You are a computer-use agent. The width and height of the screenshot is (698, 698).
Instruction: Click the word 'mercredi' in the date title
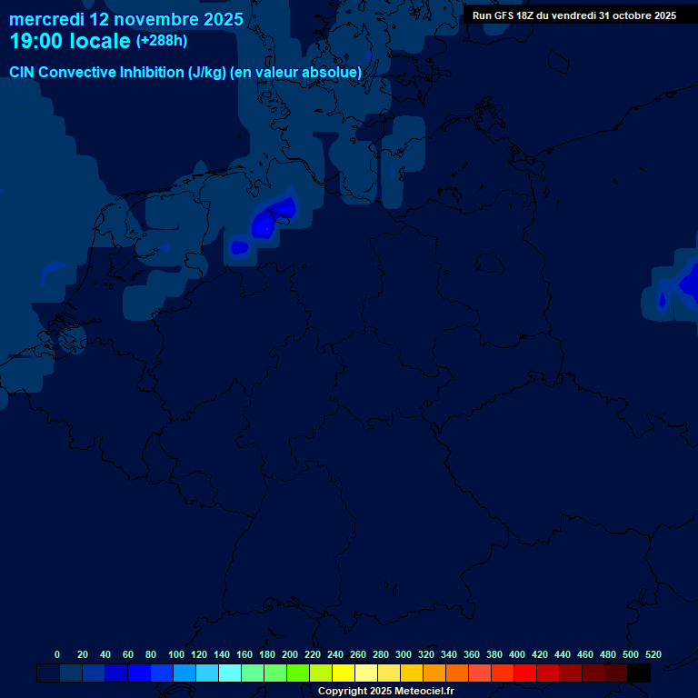click(x=45, y=19)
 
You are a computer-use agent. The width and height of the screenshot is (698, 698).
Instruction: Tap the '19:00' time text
click(x=35, y=42)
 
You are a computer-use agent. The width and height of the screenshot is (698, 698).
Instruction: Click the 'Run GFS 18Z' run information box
click(x=573, y=15)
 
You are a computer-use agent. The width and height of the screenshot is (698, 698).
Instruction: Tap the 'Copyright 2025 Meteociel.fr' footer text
click(x=384, y=692)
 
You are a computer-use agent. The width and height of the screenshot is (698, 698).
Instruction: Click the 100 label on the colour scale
click(x=176, y=654)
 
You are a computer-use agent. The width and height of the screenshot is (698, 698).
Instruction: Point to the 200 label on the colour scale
click(x=290, y=654)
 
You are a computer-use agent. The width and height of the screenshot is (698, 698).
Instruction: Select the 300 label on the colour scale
click(x=404, y=654)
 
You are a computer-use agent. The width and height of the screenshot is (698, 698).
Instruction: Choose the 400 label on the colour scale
click(x=517, y=654)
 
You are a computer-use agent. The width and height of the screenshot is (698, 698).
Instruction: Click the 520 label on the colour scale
click(x=653, y=654)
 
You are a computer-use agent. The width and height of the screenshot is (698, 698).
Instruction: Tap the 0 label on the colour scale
click(x=57, y=654)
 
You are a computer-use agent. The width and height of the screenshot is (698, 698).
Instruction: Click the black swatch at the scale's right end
click(x=639, y=673)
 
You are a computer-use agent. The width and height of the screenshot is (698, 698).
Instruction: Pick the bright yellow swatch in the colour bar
click(x=344, y=673)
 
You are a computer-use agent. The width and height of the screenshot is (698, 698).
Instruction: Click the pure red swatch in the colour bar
click(x=525, y=673)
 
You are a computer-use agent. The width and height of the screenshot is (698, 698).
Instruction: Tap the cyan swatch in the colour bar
click(x=230, y=673)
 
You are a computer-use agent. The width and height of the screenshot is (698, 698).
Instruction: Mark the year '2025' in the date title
click(x=217, y=19)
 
